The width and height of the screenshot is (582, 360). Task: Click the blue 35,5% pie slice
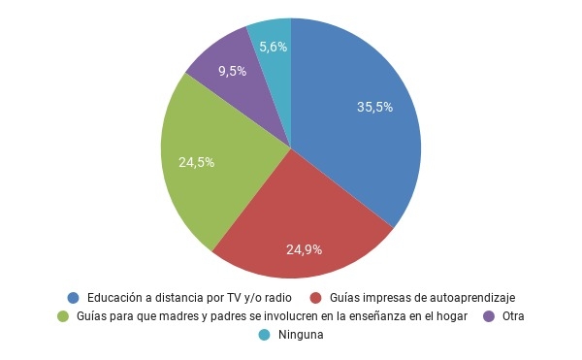(x=359, y=136)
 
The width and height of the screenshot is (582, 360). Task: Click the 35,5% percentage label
(x=374, y=108)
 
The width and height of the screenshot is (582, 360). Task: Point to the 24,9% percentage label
(x=304, y=249)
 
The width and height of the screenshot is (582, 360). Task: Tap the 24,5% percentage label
(x=197, y=162)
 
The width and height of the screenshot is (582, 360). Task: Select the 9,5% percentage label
(x=232, y=71)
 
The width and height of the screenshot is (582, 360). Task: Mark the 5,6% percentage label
(x=273, y=46)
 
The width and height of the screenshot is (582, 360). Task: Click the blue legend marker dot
(x=73, y=297)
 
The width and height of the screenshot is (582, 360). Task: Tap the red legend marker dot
(x=315, y=297)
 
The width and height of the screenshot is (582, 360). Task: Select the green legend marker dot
(x=63, y=316)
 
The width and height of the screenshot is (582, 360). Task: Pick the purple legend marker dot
(x=489, y=316)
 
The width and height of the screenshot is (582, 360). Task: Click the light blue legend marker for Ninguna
(x=265, y=335)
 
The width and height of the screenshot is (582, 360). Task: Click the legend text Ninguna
(x=301, y=335)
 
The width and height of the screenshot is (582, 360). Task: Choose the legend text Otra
(x=515, y=316)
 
